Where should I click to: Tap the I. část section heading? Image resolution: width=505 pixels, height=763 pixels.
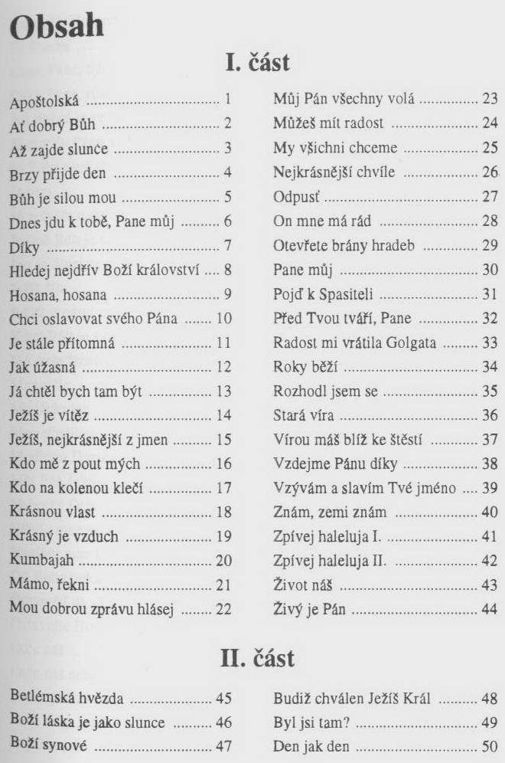click(x=256, y=61)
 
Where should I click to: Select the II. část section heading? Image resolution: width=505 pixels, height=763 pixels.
click(x=255, y=657)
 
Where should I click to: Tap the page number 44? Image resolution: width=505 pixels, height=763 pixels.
click(x=490, y=611)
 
